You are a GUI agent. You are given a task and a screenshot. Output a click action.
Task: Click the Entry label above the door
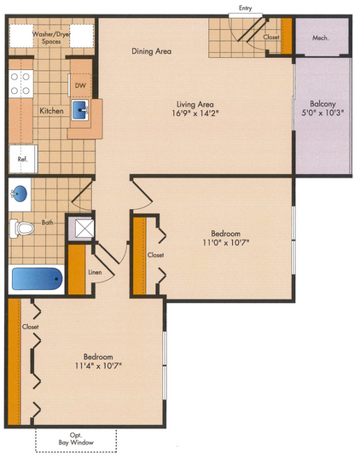[x=246, y=9]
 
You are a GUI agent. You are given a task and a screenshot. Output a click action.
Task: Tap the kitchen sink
[x=79, y=110]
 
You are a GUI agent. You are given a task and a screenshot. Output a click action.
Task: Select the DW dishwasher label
[x=80, y=85]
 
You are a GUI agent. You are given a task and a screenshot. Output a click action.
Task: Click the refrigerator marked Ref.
[x=23, y=159]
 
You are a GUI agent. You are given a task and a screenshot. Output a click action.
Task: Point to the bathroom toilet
[x=21, y=229]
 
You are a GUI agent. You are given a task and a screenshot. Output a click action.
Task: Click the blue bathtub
[x=38, y=279]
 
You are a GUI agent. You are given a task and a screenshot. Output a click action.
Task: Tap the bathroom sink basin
[x=19, y=194]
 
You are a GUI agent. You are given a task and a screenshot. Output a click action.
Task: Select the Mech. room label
[x=321, y=38]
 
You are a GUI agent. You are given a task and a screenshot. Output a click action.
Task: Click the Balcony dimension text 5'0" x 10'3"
[x=322, y=113]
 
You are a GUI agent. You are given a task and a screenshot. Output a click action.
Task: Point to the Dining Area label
[x=151, y=51]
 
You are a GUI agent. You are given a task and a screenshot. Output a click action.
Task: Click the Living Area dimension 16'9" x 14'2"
[x=195, y=113]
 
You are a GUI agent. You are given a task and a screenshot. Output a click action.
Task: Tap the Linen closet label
[x=96, y=272]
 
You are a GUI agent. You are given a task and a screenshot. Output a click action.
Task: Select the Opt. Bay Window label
[x=76, y=439]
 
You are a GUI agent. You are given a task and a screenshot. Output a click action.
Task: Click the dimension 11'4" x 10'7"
[x=98, y=366]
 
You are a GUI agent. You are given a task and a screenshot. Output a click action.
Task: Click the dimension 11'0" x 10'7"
[x=226, y=242]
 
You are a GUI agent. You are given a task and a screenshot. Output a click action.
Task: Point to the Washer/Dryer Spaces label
[x=51, y=38]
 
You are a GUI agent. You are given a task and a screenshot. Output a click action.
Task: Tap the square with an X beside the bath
[x=84, y=229]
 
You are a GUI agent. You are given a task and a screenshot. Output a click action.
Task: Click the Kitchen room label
[x=51, y=111]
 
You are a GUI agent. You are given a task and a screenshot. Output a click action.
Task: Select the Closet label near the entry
[x=271, y=38]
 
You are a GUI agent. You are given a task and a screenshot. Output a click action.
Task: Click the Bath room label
[x=48, y=223]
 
